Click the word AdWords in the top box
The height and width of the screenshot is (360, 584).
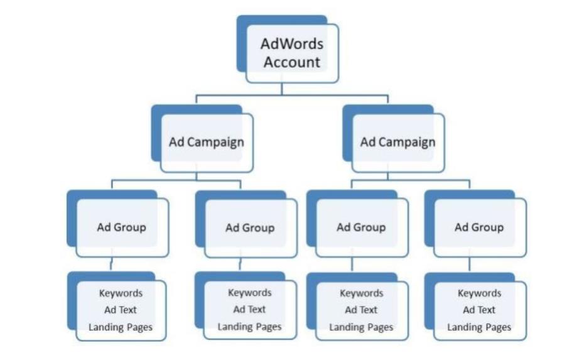(x=292, y=45)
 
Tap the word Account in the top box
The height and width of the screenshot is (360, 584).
(x=292, y=62)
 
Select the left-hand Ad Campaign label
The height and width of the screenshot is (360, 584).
(x=206, y=142)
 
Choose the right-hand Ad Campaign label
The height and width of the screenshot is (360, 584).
(x=397, y=142)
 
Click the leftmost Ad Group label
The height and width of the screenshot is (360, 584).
(x=121, y=227)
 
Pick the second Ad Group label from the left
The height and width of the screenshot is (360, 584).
(x=250, y=227)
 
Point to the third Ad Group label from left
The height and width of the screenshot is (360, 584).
(x=361, y=227)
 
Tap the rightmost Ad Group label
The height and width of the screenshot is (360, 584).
(x=479, y=227)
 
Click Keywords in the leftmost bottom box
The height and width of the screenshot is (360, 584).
(x=121, y=293)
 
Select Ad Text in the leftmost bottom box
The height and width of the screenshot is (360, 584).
(x=121, y=310)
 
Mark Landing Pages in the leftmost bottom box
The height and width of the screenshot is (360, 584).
(x=121, y=327)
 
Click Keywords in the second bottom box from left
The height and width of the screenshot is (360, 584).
(x=250, y=293)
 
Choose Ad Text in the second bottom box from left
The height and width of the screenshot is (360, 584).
(x=250, y=309)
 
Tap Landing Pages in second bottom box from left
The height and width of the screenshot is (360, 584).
(x=250, y=327)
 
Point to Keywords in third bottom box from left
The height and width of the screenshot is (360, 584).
(x=361, y=293)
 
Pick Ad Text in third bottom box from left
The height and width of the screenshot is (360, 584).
(x=361, y=310)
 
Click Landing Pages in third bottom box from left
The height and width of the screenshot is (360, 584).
(x=361, y=327)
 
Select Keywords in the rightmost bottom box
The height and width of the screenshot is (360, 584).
(x=479, y=293)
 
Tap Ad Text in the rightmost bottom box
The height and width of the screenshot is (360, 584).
(x=479, y=310)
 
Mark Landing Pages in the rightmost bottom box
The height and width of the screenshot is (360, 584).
(x=479, y=327)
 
